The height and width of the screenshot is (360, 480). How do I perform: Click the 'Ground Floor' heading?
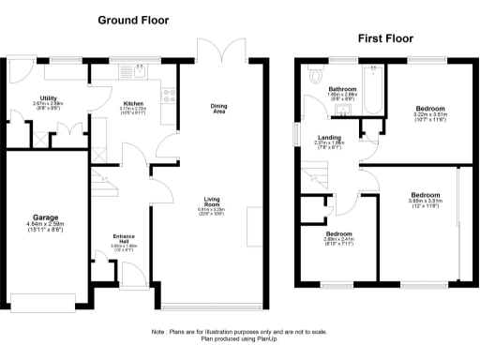[x=135, y=19]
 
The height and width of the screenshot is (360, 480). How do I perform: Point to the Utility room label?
[x=41, y=97]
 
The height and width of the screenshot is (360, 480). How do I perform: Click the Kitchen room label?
[x=132, y=103]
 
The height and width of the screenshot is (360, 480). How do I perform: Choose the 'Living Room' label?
[x=214, y=201]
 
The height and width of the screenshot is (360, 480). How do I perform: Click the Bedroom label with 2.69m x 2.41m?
[x=338, y=233]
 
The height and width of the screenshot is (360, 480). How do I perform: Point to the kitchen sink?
[x=139, y=69]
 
